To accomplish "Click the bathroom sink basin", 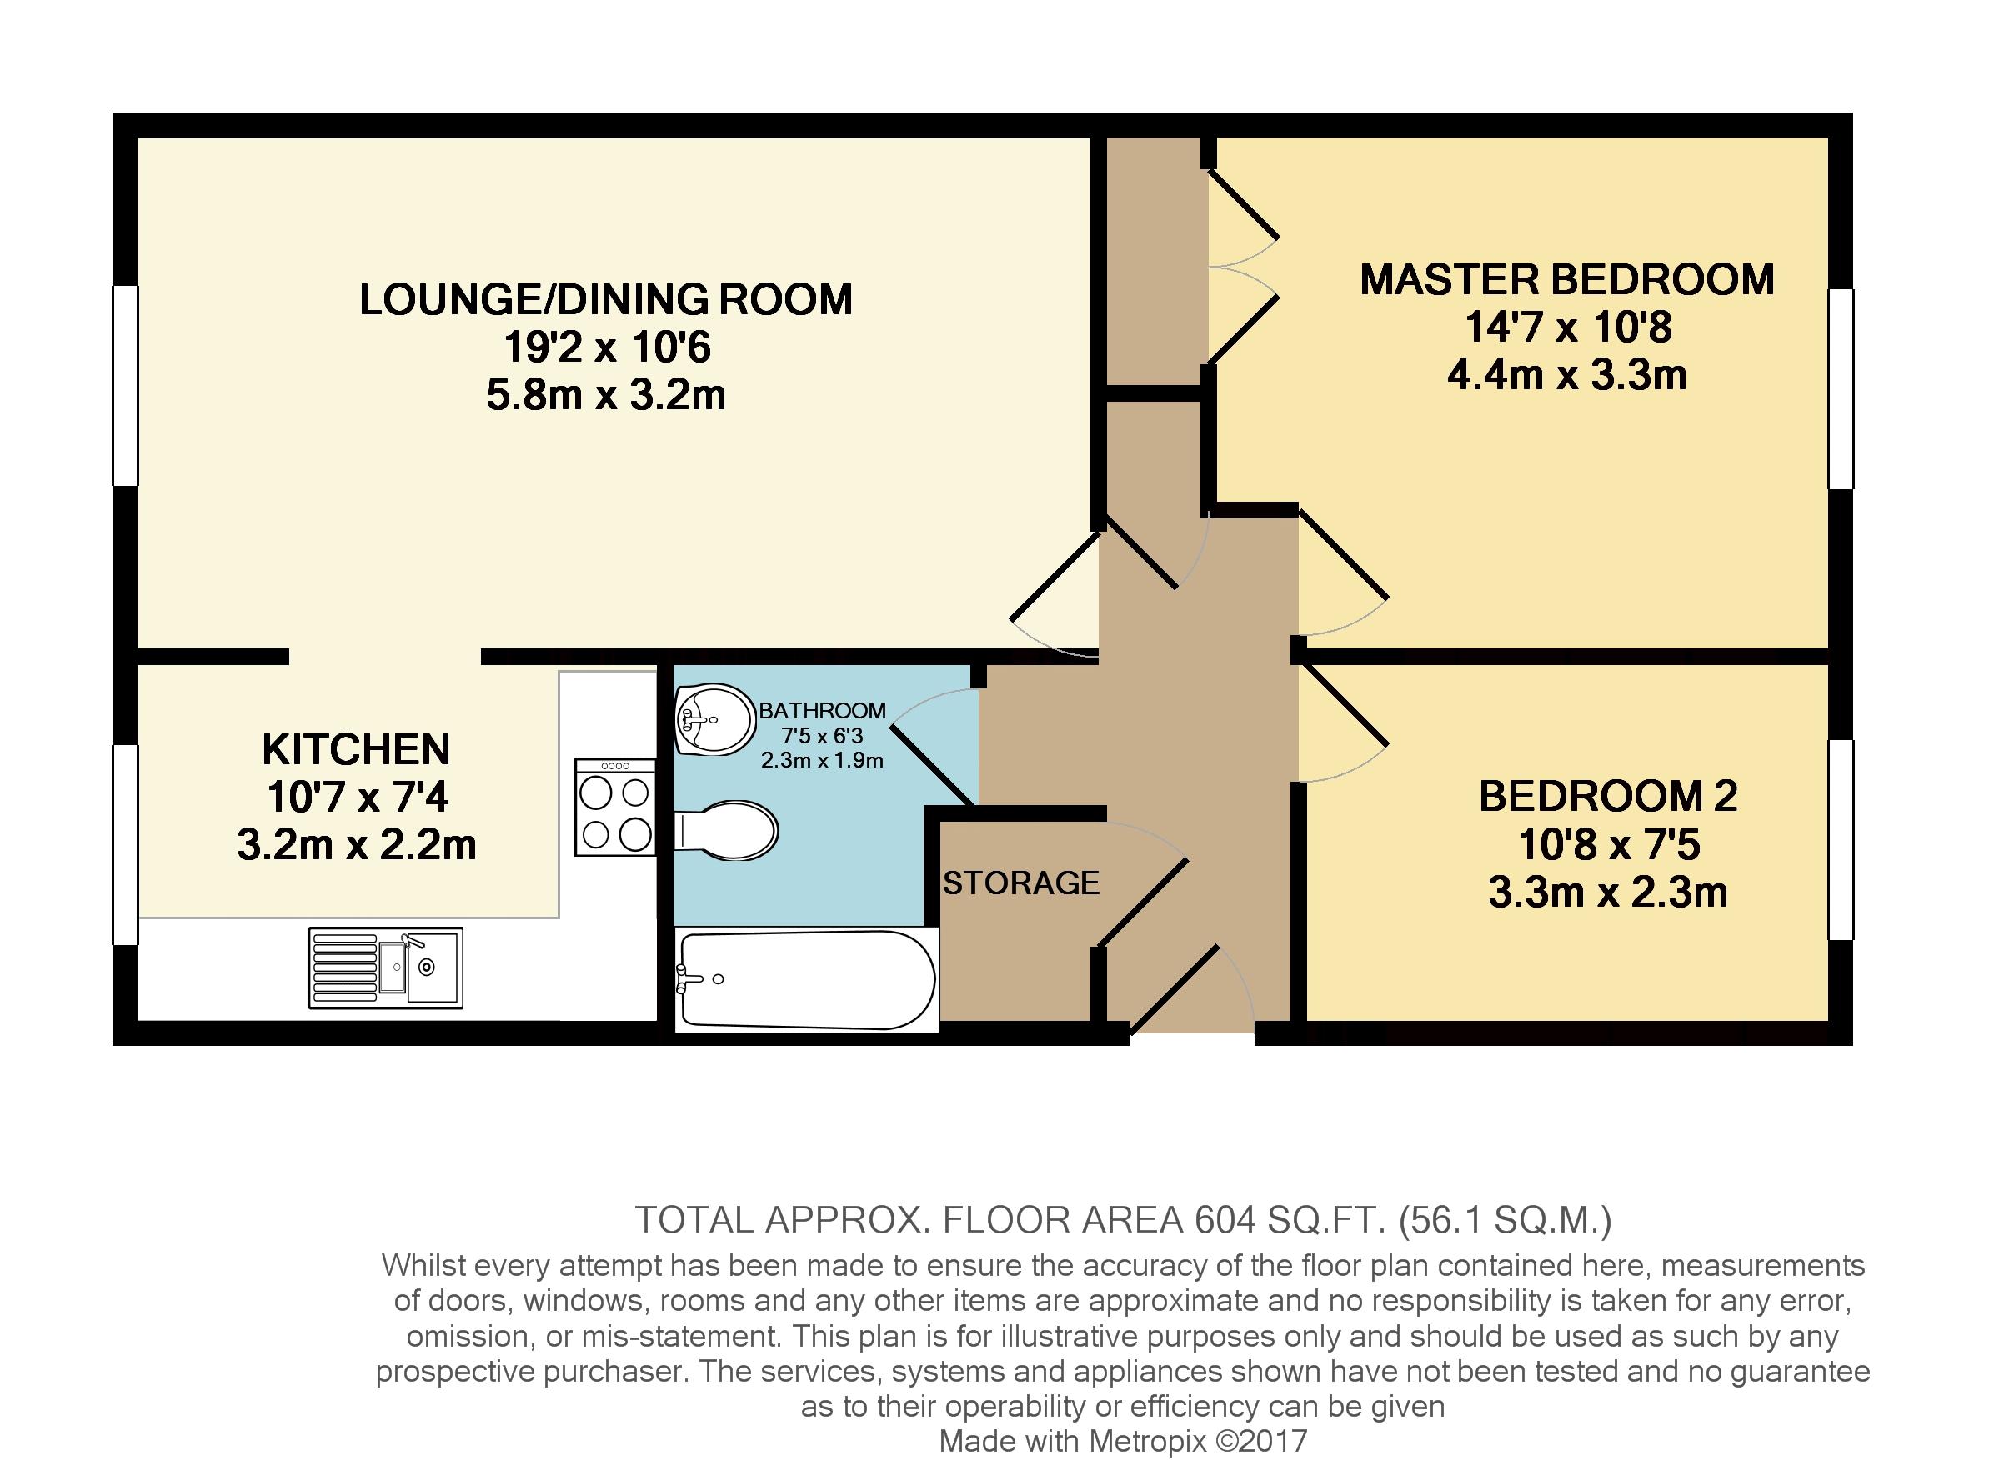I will tap(715, 718).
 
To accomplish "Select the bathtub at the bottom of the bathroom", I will tap(806, 979).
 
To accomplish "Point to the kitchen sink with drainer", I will tap(386, 968).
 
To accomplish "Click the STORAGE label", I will tap(1020, 883).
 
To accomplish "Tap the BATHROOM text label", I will tap(822, 711).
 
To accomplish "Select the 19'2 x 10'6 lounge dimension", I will tap(606, 347).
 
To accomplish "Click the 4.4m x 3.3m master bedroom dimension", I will tap(1566, 375).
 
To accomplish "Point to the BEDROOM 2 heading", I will tap(1607, 796).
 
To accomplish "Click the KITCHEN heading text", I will tap(356, 750).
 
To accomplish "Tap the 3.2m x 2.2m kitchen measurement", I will tap(356, 844).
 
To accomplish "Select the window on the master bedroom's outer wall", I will tap(1840, 389).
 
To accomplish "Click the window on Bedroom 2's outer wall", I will tap(1840, 840).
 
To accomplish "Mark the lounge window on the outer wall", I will tap(125, 385).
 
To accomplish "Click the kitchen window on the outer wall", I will tap(125, 844).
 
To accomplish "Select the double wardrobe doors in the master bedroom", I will tap(1242, 268).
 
